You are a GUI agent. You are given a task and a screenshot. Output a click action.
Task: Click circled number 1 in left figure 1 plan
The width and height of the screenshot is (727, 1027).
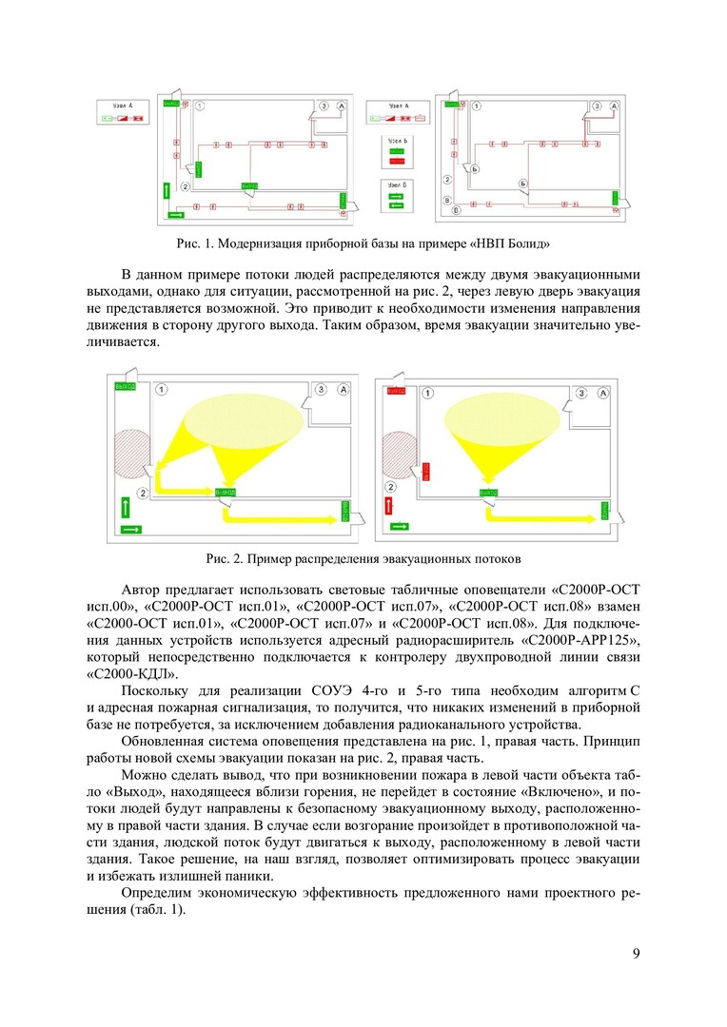click(200, 105)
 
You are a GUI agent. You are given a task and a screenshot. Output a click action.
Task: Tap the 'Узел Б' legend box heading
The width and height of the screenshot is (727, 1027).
click(399, 141)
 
